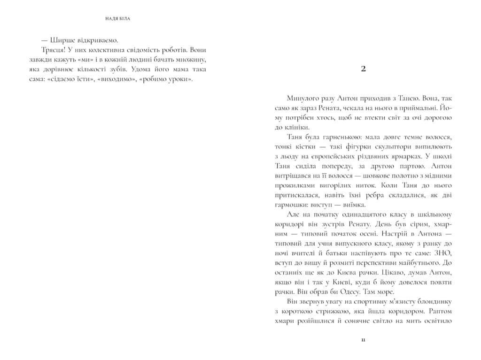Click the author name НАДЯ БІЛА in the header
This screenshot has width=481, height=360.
tap(118, 19)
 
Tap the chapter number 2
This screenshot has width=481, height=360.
tap(363, 69)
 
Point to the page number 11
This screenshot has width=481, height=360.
tap(363, 340)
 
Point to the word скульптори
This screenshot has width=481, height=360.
tap(389, 147)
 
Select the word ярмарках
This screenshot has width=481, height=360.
tap(408, 156)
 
